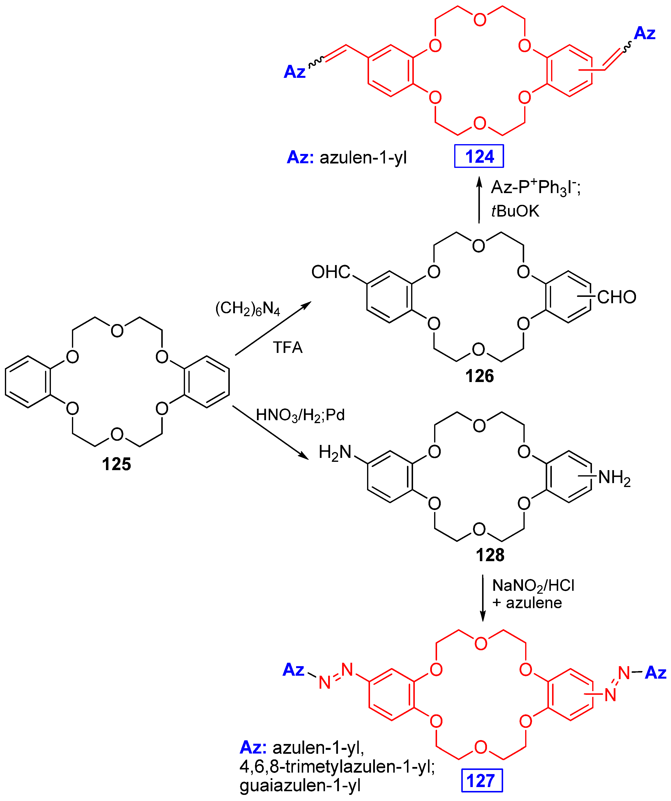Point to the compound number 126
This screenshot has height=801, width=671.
tap(479, 376)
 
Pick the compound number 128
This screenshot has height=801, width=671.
tap(490, 555)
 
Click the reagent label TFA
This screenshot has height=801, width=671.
tap(288, 348)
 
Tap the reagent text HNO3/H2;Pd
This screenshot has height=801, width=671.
tap(300, 415)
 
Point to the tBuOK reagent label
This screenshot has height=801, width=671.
tap(515, 211)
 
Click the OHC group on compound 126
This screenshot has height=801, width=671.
tap(330, 272)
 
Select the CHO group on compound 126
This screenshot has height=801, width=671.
tap(616, 297)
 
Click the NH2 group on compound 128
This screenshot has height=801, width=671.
tap(614, 477)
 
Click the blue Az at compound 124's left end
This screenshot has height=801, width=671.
tap(294, 72)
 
